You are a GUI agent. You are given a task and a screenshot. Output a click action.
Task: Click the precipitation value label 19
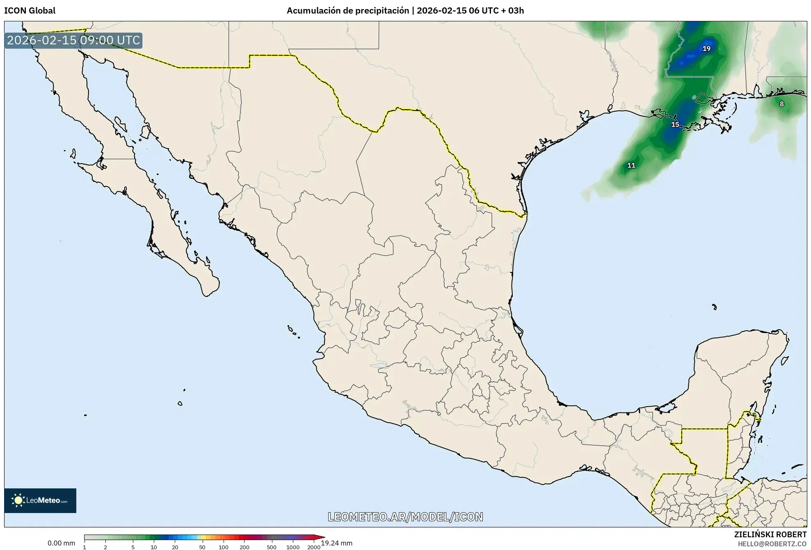(706, 48)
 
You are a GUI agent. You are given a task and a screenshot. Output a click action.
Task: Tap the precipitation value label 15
(675, 124)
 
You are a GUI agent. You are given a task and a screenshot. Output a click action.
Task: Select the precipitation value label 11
(631, 166)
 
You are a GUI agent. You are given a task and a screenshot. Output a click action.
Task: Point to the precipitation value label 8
(781, 104)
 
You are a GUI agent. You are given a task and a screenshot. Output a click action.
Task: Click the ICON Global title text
(30, 11)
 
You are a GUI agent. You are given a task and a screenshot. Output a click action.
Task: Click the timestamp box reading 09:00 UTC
(73, 40)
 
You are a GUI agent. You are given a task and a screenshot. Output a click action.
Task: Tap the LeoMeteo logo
(40, 500)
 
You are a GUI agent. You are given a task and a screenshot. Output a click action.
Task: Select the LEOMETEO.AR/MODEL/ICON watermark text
(405, 517)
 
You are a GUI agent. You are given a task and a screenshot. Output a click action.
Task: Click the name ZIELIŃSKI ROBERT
(770, 534)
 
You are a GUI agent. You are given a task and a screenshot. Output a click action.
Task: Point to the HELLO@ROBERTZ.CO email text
(772, 544)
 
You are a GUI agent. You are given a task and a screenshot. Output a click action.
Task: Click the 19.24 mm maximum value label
(336, 543)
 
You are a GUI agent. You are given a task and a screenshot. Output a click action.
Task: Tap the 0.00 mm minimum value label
(61, 543)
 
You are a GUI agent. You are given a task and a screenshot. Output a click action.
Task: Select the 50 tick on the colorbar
(202, 547)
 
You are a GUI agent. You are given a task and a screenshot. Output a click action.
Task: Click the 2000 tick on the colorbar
(314, 547)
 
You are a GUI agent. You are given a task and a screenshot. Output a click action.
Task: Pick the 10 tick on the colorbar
(153, 547)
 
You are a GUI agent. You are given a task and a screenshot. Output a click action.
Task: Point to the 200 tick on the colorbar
(244, 547)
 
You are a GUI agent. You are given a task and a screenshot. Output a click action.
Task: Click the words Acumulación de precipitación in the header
(347, 11)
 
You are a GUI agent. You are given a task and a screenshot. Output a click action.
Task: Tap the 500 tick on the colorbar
(272, 547)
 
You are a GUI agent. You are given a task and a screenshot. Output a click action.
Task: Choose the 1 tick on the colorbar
(85, 547)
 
